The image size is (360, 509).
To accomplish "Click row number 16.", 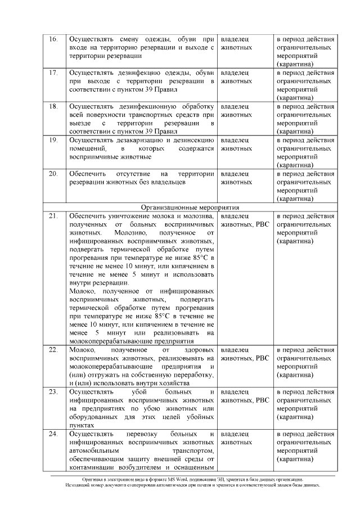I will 53,39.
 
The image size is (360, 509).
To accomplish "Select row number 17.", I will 53,73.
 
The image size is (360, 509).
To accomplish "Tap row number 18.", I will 53,106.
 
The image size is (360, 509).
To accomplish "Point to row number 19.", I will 53,139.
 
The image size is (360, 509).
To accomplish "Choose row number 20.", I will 53,173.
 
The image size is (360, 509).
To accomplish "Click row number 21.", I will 53,216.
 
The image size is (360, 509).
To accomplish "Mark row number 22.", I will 53,350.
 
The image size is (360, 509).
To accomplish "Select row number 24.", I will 53,434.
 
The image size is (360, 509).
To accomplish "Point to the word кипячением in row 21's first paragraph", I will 191,265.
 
